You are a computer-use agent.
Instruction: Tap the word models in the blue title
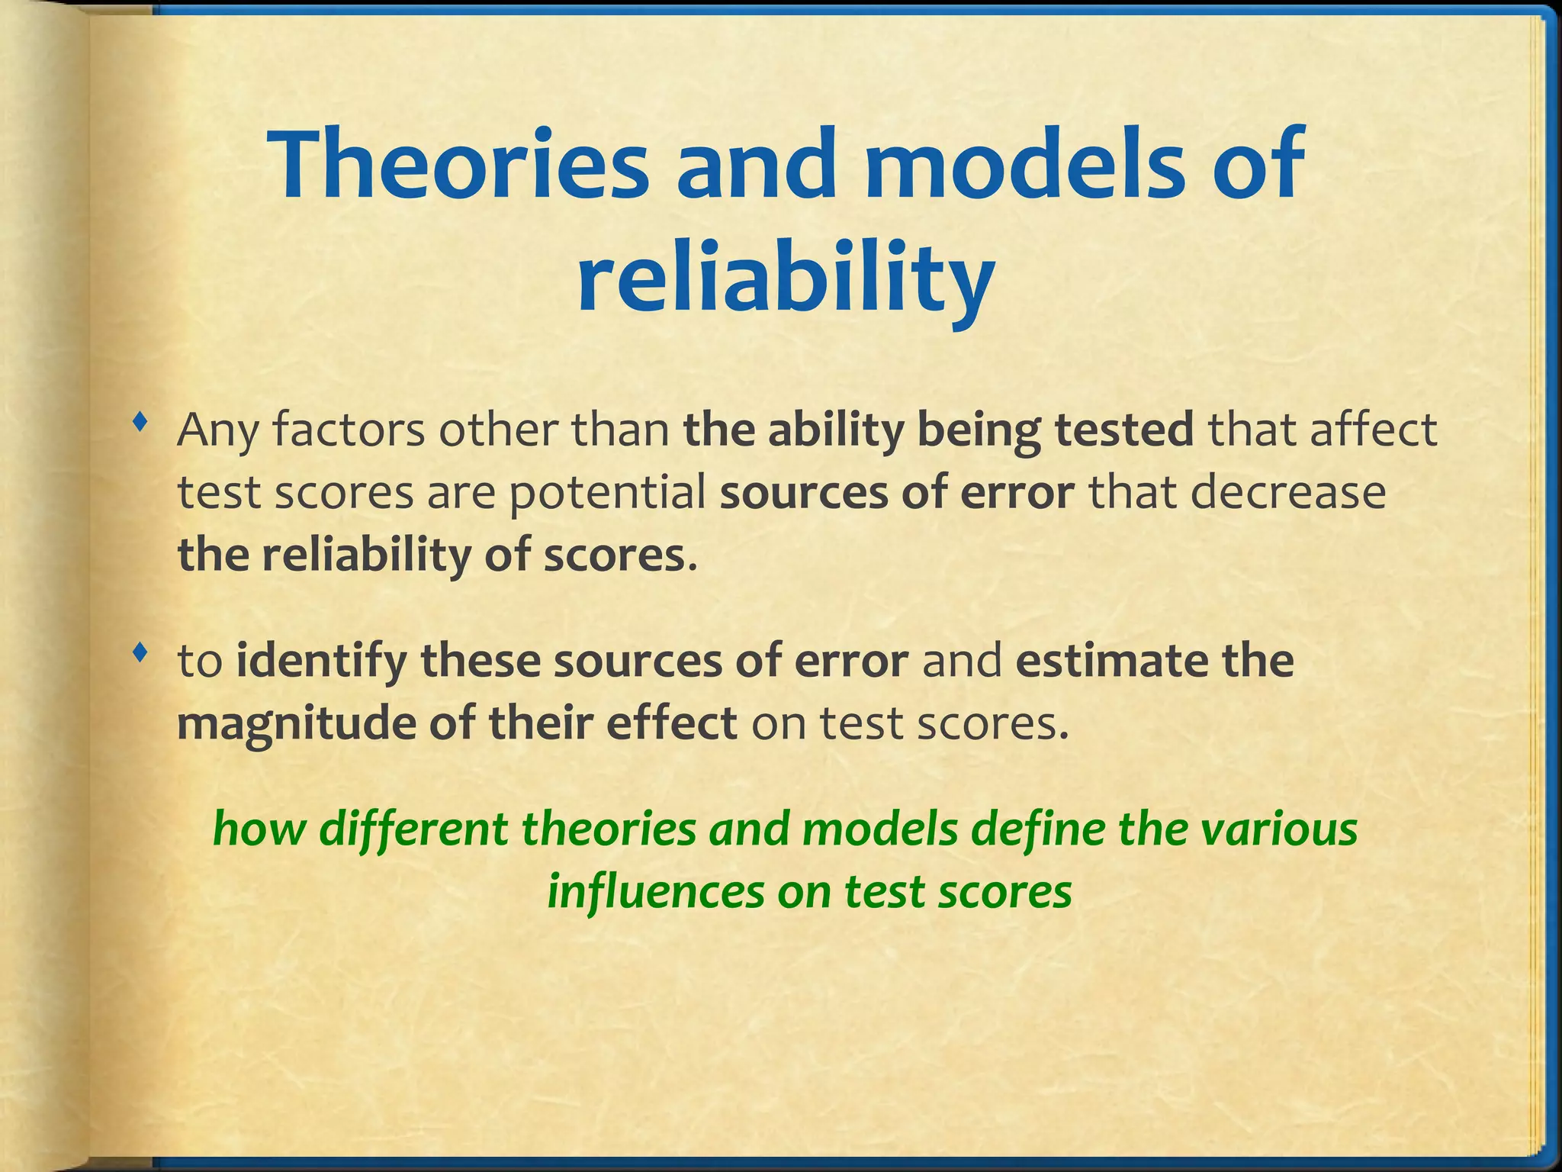(1037, 165)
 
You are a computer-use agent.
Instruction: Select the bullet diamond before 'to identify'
(138, 652)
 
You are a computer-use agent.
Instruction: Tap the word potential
(607, 493)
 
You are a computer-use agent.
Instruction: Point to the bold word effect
(671, 724)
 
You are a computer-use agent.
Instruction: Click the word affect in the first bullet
(1373, 431)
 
